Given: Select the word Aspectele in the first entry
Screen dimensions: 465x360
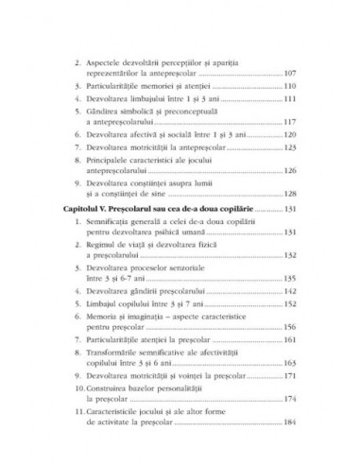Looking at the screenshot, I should (111, 58).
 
